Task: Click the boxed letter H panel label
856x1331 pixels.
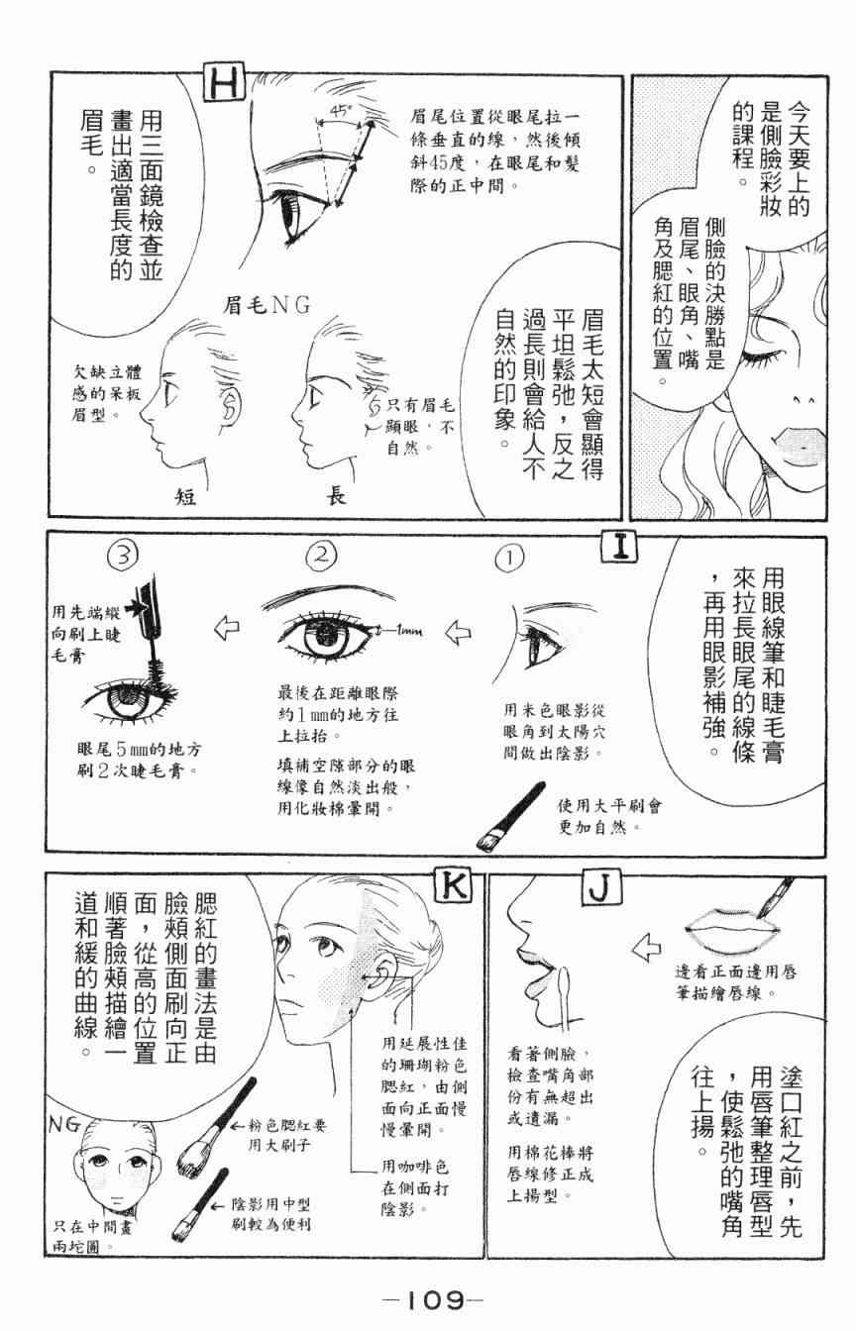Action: pyautogui.click(x=225, y=84)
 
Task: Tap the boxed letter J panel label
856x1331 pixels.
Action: pyautogui.click(x=602, y=887)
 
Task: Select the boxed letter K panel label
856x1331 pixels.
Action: pyautogui.click(x=454, y=887)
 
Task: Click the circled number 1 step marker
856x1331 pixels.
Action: pyautogui.click(x=509, y=559)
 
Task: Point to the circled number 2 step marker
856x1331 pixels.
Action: pyautogui.click(x=321, y=555)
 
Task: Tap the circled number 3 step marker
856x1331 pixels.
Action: pyautogui.click(x=123, y=556)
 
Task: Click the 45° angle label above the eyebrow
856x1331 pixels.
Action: pyautogui.click(x=340, y=110)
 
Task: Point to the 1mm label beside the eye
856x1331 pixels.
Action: pyautogui.click(x=407, y=631)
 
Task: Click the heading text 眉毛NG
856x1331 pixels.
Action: pyautogui.click(x=267, y=305)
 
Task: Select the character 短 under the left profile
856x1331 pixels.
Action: pyautogui.click(x=185, y=495)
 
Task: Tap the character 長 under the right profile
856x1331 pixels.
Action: pyautogui.click(x=335, y=495)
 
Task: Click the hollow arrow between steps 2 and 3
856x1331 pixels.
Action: pyautogui.click(x=227, y=628)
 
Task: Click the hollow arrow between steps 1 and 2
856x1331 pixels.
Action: pyautogui.click(x=458, y=632)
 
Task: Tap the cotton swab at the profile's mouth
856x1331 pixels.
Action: pyautogui.click(x=564, y=998)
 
